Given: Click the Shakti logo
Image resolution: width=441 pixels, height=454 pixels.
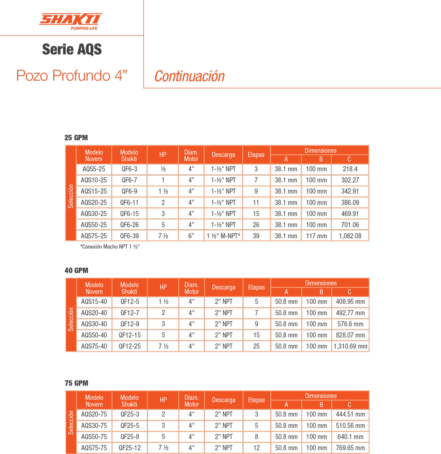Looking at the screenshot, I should pyautogui.click(x=71, y=21).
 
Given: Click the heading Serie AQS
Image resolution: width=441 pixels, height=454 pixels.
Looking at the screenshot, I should pyautogui.click(x=72, y=49).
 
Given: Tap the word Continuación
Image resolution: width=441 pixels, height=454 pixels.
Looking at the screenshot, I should pyautogui.click(x=189, y=76).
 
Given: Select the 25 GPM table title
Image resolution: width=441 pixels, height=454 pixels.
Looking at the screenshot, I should pyautogui.click(x=76, y=138).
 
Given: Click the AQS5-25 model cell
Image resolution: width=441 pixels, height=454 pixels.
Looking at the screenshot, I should pyautogui.click(x=94, y=169).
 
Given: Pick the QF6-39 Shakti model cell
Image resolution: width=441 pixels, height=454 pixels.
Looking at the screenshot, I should pyautogui.click(x=129, y=236).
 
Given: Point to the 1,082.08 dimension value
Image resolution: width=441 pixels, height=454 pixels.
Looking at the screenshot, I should pyautogui.click(x=350, y=236).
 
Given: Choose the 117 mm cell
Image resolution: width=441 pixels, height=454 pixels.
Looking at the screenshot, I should pyautogui.click(x=316, y=236).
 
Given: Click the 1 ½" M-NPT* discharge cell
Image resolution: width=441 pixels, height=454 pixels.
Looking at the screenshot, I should pyautogui.click(x=223, y=236).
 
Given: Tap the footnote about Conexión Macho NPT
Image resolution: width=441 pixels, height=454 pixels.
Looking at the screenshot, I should pyautogui.click(x=110, y=247).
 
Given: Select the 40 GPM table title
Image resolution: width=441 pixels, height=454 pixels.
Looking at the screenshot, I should pyautogui.click(x=77, y=271).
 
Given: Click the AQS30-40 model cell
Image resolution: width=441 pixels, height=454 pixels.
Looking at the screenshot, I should pyautogui.click(x=94, y=324).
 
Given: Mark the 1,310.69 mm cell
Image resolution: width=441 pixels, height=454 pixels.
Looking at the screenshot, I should pyautogui.click(x=350, y=346).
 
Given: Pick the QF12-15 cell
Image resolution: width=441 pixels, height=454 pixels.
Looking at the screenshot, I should pyautogui.click(x=130, y=335).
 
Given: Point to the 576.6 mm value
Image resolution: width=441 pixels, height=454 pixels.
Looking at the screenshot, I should pyautogui.click(x=350, y=324).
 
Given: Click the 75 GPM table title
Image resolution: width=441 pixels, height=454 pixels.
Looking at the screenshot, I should pyautogui.click(x=77, y=383).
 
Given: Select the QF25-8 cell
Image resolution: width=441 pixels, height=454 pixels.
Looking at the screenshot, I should pyautogui.click(x=130, y=437).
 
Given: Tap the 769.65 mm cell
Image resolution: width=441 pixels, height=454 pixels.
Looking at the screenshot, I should pyautogui.click(x=350, y=448).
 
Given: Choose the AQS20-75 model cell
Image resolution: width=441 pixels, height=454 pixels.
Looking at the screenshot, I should pyautogui.click(x=94, y=414).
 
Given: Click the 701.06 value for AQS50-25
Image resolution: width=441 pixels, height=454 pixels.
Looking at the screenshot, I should pyautogui.click(x=350, y=225).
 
